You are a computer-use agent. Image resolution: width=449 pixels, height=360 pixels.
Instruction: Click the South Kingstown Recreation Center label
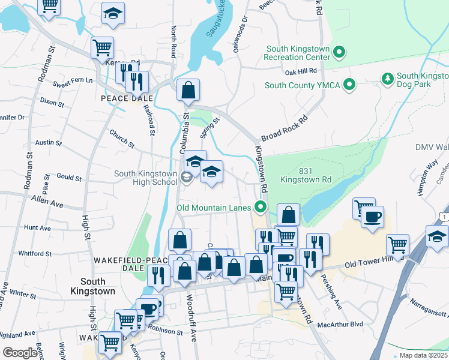pyautogui.click(x=298, y=52)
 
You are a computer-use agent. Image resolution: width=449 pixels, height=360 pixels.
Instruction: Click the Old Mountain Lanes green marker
pyautogui.click(x=261, y=208)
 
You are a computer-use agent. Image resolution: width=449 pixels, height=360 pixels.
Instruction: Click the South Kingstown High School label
pyautogui.click(x=146, y=178)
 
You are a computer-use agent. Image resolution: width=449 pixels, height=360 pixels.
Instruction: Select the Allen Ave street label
pyautogui.click(x=47, y=201)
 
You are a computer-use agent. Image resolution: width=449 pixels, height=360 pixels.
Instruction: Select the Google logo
pyautogui.click(x=20, y=353)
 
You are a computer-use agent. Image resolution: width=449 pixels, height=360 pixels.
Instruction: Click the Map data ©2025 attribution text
pyautogui.click(x=423, y=355)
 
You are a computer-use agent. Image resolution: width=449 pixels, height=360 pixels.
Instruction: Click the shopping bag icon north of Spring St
pyautogui.click(x=188, y=91)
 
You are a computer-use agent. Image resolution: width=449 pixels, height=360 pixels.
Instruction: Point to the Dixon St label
pyautogui.click(x=52, y=103)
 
